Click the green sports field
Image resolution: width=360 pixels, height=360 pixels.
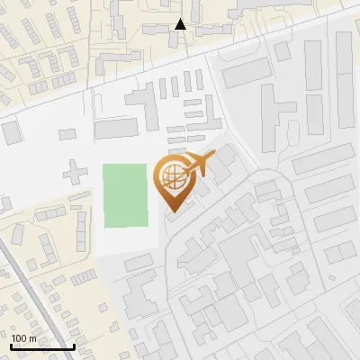point(124,195)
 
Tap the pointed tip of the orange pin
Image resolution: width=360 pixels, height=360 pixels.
point(173,211)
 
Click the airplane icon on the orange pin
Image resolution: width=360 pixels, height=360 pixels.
point(197,164)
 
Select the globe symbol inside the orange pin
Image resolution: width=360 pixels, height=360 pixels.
point(173,177)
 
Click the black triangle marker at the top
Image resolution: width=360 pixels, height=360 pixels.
point(180,24)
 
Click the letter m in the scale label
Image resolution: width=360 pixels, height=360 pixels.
point(33,338)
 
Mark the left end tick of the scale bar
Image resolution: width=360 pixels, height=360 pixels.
point(11,346)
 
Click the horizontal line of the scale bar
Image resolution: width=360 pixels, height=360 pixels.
point(42,347)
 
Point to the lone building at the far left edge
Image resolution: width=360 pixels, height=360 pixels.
point(11,132)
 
